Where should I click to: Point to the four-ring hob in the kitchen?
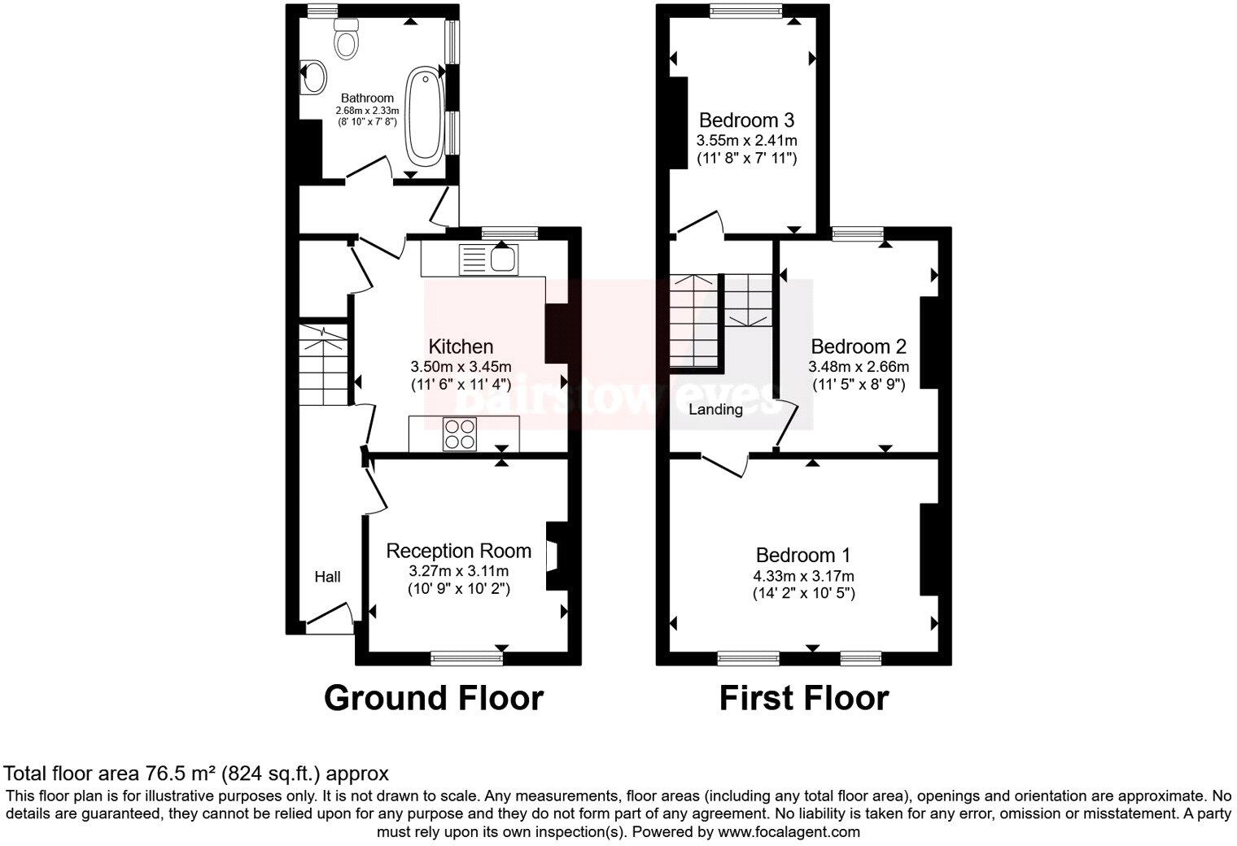click(460, 433)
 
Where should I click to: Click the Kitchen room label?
click(461, 347)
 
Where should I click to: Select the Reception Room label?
click(458, 551)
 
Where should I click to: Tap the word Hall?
click(327, 577)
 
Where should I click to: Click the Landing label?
click(715, 409)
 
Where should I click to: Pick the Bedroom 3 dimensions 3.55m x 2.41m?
click(746, 140)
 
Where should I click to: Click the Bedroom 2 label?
click(859, 346)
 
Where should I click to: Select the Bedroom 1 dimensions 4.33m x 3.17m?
click(803, 576)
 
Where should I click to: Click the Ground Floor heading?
click(433, 698)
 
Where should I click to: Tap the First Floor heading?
click(803, 698)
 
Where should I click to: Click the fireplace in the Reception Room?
click(553, 555)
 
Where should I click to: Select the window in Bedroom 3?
click(745, 10)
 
